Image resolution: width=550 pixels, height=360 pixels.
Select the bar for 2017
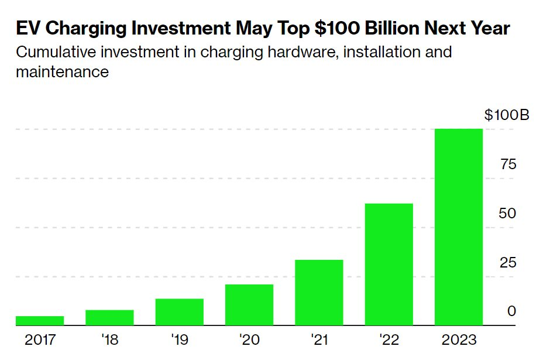tap(40, 320)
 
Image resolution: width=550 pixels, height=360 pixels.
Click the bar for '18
tap(109, 317)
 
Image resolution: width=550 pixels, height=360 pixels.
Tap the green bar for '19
tap(179, 311)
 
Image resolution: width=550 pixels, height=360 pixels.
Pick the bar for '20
tap(249, 304)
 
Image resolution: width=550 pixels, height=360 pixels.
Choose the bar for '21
tap(319, 292)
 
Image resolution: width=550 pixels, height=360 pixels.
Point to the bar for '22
tap(389, 264)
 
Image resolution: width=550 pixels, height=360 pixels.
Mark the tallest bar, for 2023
tap(459, 227)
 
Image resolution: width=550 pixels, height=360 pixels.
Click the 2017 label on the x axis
tap(40, 340)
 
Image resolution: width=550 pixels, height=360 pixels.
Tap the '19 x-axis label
tap(179, 340)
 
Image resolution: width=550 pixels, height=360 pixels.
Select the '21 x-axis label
tap(319, 340)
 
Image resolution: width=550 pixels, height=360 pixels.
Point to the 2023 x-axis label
tap(459, 340)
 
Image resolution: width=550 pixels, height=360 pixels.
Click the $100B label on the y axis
tap(507, 115)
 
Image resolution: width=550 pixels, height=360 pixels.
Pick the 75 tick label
tap(508, 164)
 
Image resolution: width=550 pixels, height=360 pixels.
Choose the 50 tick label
tap(508, 213)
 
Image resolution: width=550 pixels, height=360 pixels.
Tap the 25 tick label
tap(508, 262)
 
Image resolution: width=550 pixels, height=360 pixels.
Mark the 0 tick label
tap(511, 311)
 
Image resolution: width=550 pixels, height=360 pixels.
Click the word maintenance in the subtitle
tap(62, 72)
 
